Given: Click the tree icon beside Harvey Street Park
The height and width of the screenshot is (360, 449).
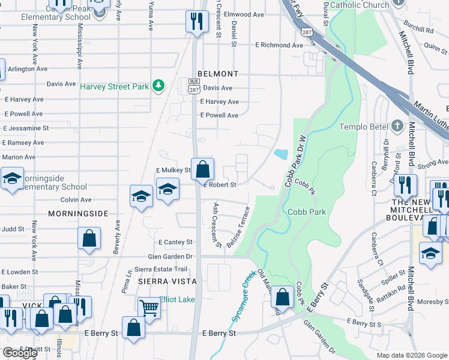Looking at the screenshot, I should tap(158, 86).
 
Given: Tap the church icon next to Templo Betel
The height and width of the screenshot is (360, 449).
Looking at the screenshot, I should tap(396, 127).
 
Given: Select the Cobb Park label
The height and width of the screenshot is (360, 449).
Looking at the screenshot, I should tap(307, 212).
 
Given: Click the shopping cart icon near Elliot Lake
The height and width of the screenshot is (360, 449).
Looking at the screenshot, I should tap(149, 308).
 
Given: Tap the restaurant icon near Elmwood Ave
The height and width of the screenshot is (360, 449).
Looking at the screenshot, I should tap(196, 22).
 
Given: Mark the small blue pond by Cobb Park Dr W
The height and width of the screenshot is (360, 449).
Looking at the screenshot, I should tap(281, 154).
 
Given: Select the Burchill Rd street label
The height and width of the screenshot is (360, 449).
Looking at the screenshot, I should tap(419, 29).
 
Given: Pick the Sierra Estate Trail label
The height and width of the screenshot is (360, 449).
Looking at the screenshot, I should tap(161, 269).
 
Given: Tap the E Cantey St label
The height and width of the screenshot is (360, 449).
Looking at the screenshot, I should tap(175, 242).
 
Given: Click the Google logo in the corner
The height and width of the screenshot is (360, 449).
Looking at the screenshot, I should tap(20, 353).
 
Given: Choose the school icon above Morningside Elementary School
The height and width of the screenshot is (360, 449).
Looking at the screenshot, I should tap(11, 178).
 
